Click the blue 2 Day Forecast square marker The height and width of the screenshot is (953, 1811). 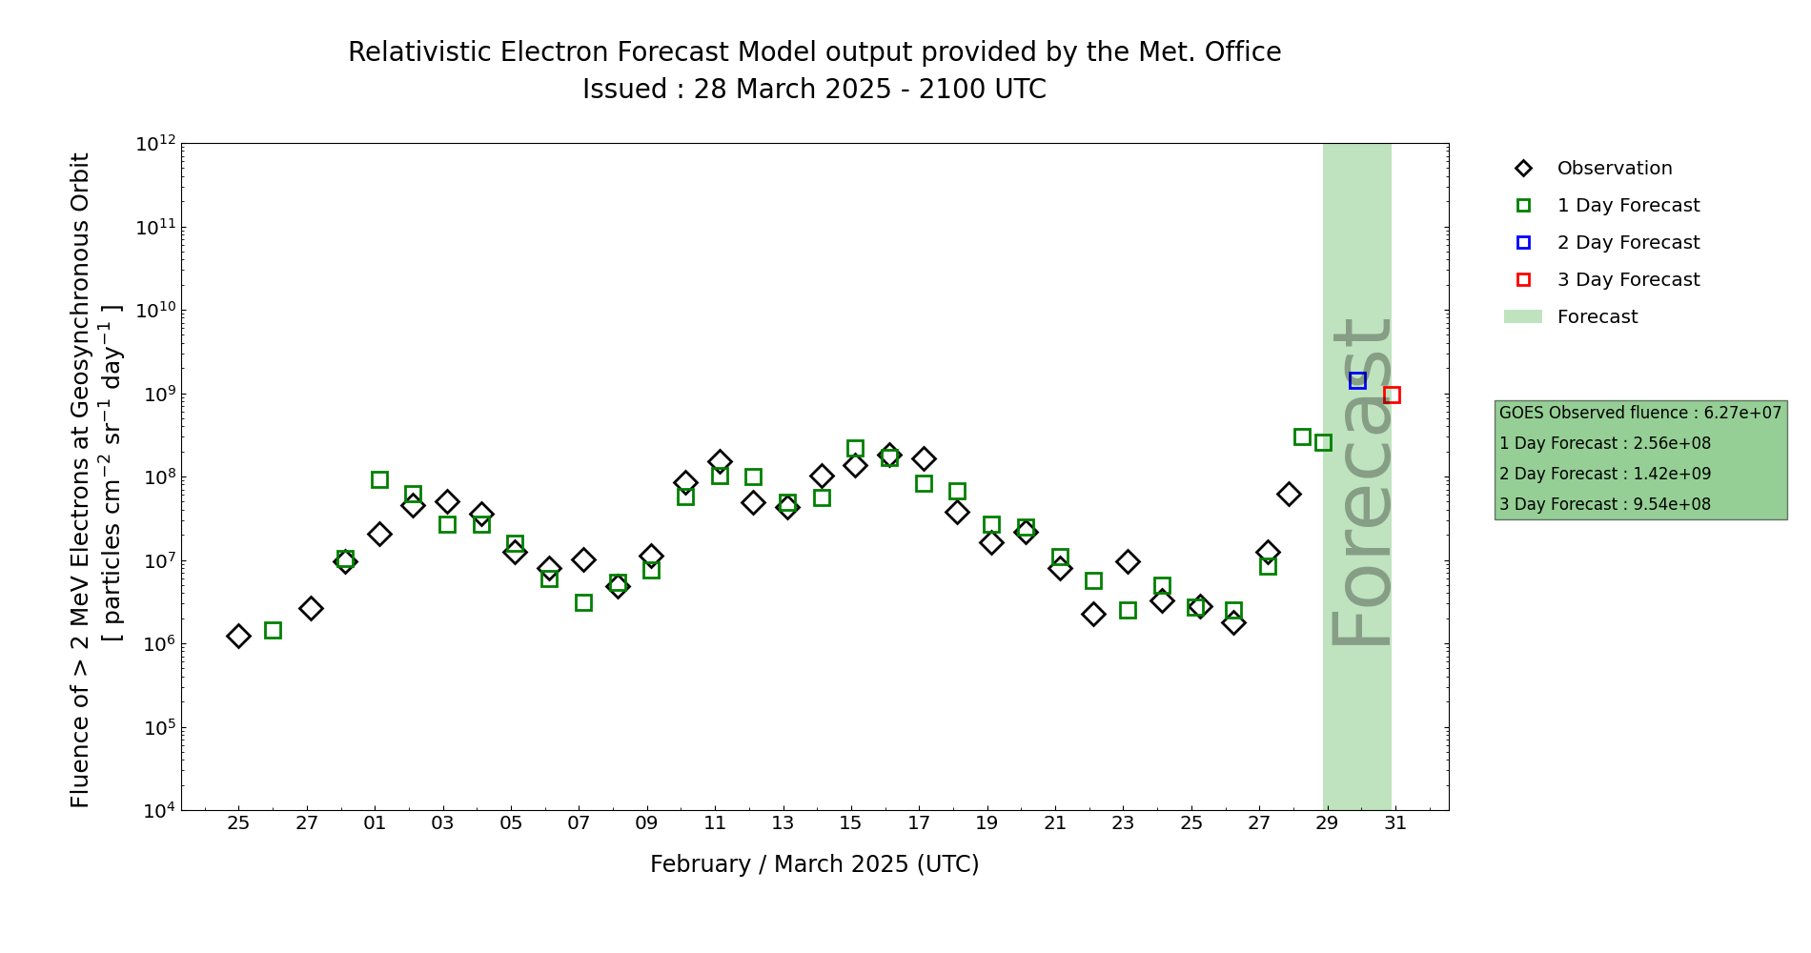(1357, 380)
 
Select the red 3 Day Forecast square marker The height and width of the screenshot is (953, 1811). (1392, 395)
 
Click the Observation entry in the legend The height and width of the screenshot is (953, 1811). (1614, 169)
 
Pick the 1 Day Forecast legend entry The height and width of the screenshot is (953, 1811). (1627, 206)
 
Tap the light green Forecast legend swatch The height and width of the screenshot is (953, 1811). (1522, 316)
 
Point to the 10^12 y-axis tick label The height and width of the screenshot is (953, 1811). (156, 144)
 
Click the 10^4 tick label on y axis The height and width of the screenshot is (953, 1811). (156, 811)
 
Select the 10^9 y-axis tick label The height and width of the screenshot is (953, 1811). (156, 394)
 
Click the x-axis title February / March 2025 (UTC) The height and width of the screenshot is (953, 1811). (814, 864)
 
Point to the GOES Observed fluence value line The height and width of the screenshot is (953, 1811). (1639, 413)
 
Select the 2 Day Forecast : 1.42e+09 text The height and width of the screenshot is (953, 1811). (1604, 474)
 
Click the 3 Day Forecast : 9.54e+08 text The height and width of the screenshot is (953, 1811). (1604, 504)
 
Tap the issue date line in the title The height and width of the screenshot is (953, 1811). (814, 90)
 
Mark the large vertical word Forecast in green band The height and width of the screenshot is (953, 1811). (1360, 482)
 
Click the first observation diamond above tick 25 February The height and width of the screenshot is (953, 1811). (238, 636)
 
